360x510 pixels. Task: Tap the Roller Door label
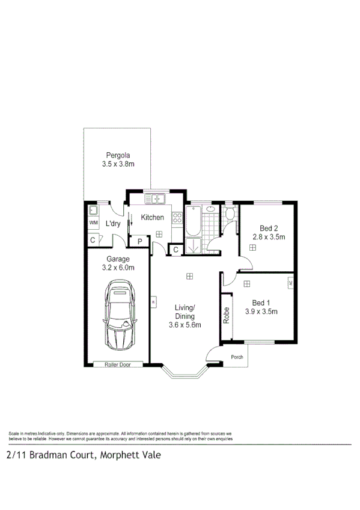pos(118,364)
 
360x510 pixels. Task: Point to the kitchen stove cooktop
pos(177,218)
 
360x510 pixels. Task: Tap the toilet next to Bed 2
pos(230,214)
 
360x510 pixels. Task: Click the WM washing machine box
pos(93,223)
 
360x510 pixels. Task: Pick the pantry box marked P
pos(139,242)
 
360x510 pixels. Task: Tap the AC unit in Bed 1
pos(290,282)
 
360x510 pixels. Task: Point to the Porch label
pos(237,357)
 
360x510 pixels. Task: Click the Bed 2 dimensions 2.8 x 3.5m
pos(268,237)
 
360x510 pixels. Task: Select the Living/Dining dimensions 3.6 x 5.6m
pos(185,325)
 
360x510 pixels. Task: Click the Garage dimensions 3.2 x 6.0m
pos(118,268)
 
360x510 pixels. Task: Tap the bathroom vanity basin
pos(210,209)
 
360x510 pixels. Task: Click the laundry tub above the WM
pos(93,210)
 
